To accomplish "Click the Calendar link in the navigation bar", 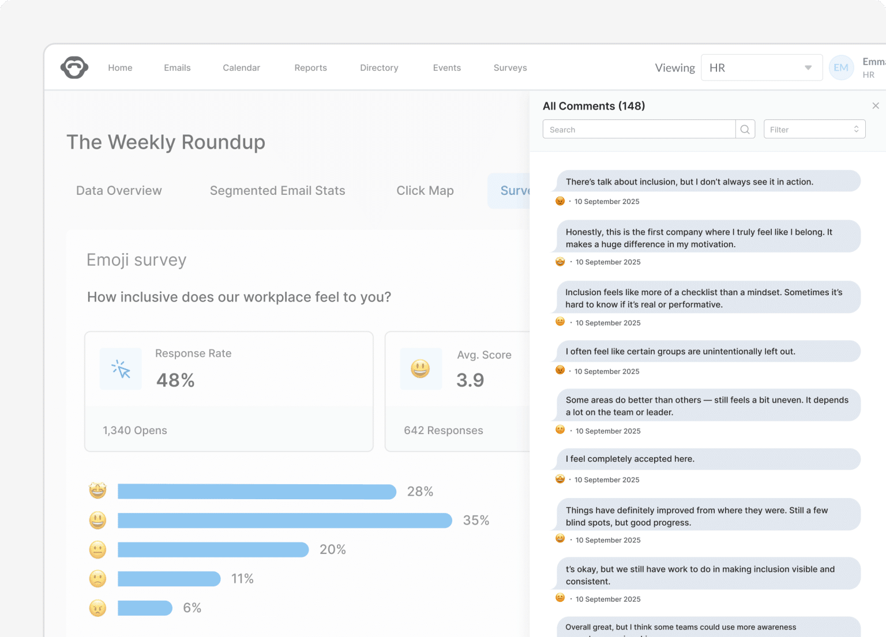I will (x=241, y=68).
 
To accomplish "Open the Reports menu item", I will (x=310, y=68).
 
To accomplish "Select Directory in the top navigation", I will (x=379, y=68).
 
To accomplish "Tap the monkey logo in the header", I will (x=74, y=67).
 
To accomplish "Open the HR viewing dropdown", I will (x=761, y=68).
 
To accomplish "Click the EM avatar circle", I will (x=841, y=68).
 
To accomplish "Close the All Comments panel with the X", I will (x=876, y=105).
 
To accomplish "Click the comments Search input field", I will (x=639, y=130).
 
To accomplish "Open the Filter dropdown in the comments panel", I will (x=814, y=130).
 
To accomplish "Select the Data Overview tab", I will (x=119, y=191).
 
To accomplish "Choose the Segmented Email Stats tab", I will (x=277, y=191).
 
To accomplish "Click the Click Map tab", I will (x=425, y=191).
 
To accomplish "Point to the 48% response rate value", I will (x=175, y=380).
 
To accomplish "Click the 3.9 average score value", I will (x=470, y=380).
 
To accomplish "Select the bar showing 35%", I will (x=285, y=521).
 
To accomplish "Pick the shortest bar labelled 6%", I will (x=145, y=608).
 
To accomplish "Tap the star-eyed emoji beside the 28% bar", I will (x=97, y=491).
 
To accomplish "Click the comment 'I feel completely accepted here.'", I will (x=630, y=459).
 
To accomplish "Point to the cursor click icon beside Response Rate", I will (x=121, y=369).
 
